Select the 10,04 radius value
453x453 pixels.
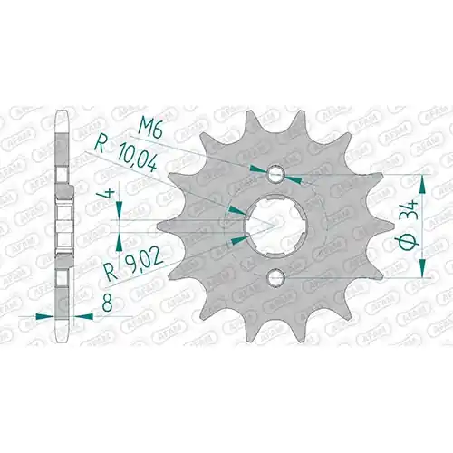137,161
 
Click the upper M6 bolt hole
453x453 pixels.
276,174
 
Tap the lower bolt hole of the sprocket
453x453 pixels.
276,276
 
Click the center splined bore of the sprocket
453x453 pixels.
275,226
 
